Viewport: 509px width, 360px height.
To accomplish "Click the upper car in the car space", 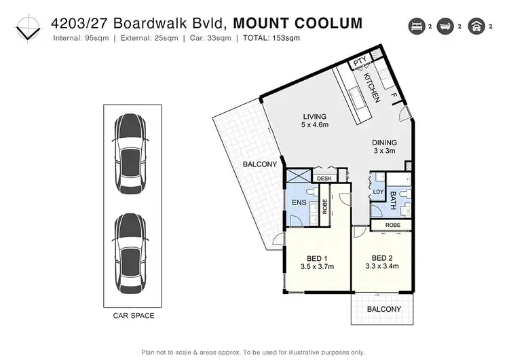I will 130,154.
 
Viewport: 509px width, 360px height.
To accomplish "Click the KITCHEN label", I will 372,88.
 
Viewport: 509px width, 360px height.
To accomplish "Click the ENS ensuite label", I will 297,202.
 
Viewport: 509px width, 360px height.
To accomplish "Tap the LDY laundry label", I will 378,193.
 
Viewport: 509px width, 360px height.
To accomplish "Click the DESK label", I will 324,178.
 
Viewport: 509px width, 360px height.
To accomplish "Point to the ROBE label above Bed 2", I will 392,224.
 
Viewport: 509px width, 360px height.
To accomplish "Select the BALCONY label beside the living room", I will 259,164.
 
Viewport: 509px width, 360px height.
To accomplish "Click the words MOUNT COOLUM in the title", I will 297,23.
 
